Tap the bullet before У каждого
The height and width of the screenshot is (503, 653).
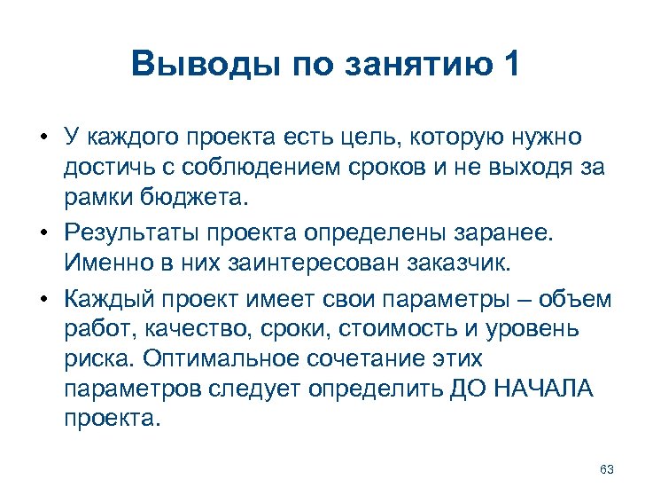(x=43, y=138)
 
